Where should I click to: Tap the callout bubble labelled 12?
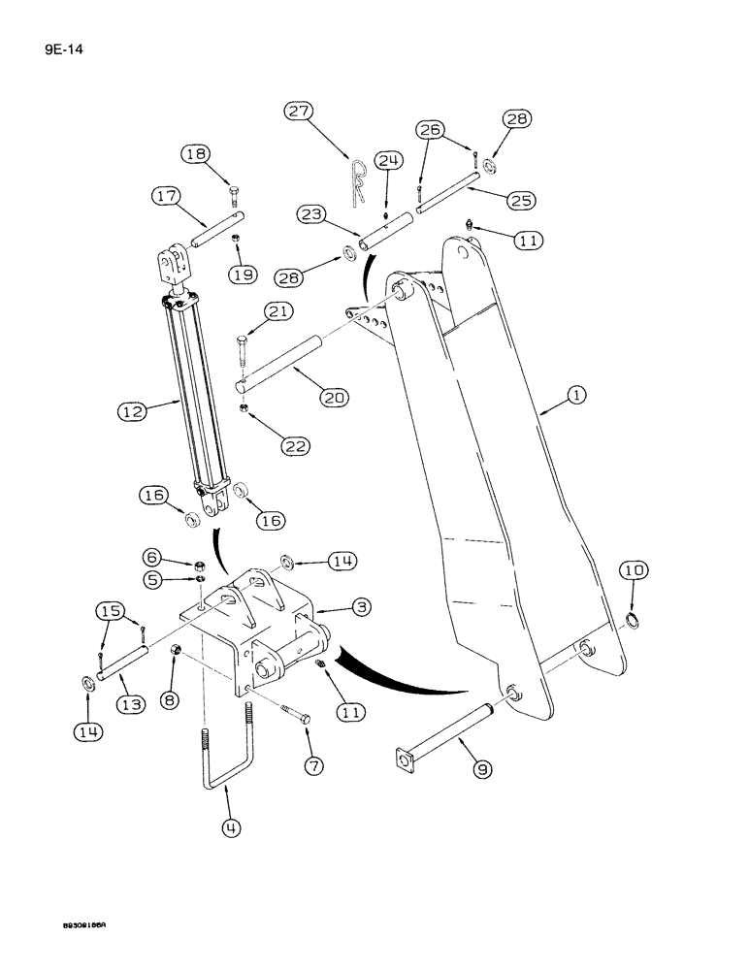pos(132,412)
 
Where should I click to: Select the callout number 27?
pos(298,113)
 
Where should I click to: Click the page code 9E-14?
pos(35,44)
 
